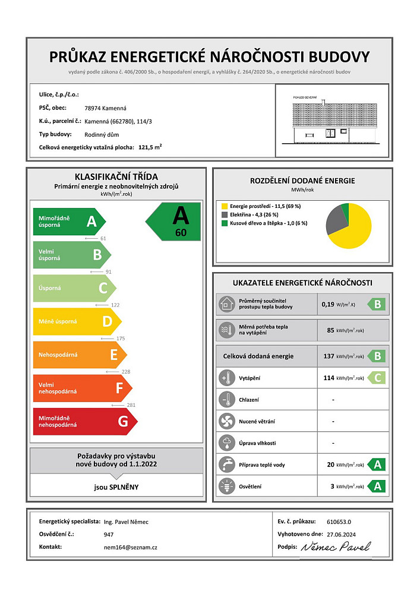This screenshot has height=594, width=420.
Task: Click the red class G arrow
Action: coord(83,422)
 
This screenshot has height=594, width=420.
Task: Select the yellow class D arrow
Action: coord(76,321)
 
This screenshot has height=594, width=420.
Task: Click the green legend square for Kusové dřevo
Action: coord(225,223)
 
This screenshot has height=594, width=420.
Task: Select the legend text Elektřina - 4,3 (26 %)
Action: coord(257,214)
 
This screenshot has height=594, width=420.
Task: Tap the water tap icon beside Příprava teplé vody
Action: coord(226,465)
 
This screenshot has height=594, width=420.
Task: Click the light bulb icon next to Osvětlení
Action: coord(226,486)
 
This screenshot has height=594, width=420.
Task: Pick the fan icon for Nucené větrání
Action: coord(226,422)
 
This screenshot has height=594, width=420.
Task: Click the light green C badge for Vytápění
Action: coord(378,378)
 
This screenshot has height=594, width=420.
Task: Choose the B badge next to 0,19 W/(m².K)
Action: coord(378,305)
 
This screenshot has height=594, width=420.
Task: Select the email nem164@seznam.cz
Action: coord(130,547)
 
